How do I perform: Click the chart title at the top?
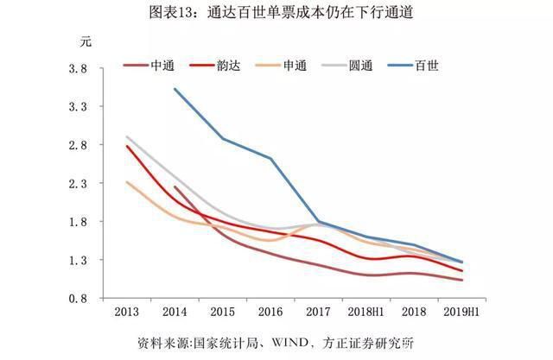276,12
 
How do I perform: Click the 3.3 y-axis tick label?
79,107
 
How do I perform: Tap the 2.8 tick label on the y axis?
79,145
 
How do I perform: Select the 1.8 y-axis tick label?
79,222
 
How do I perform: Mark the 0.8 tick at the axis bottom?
79,299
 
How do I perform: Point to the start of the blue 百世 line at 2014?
175,89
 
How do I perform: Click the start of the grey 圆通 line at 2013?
126,136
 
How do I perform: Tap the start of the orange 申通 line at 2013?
126,182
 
